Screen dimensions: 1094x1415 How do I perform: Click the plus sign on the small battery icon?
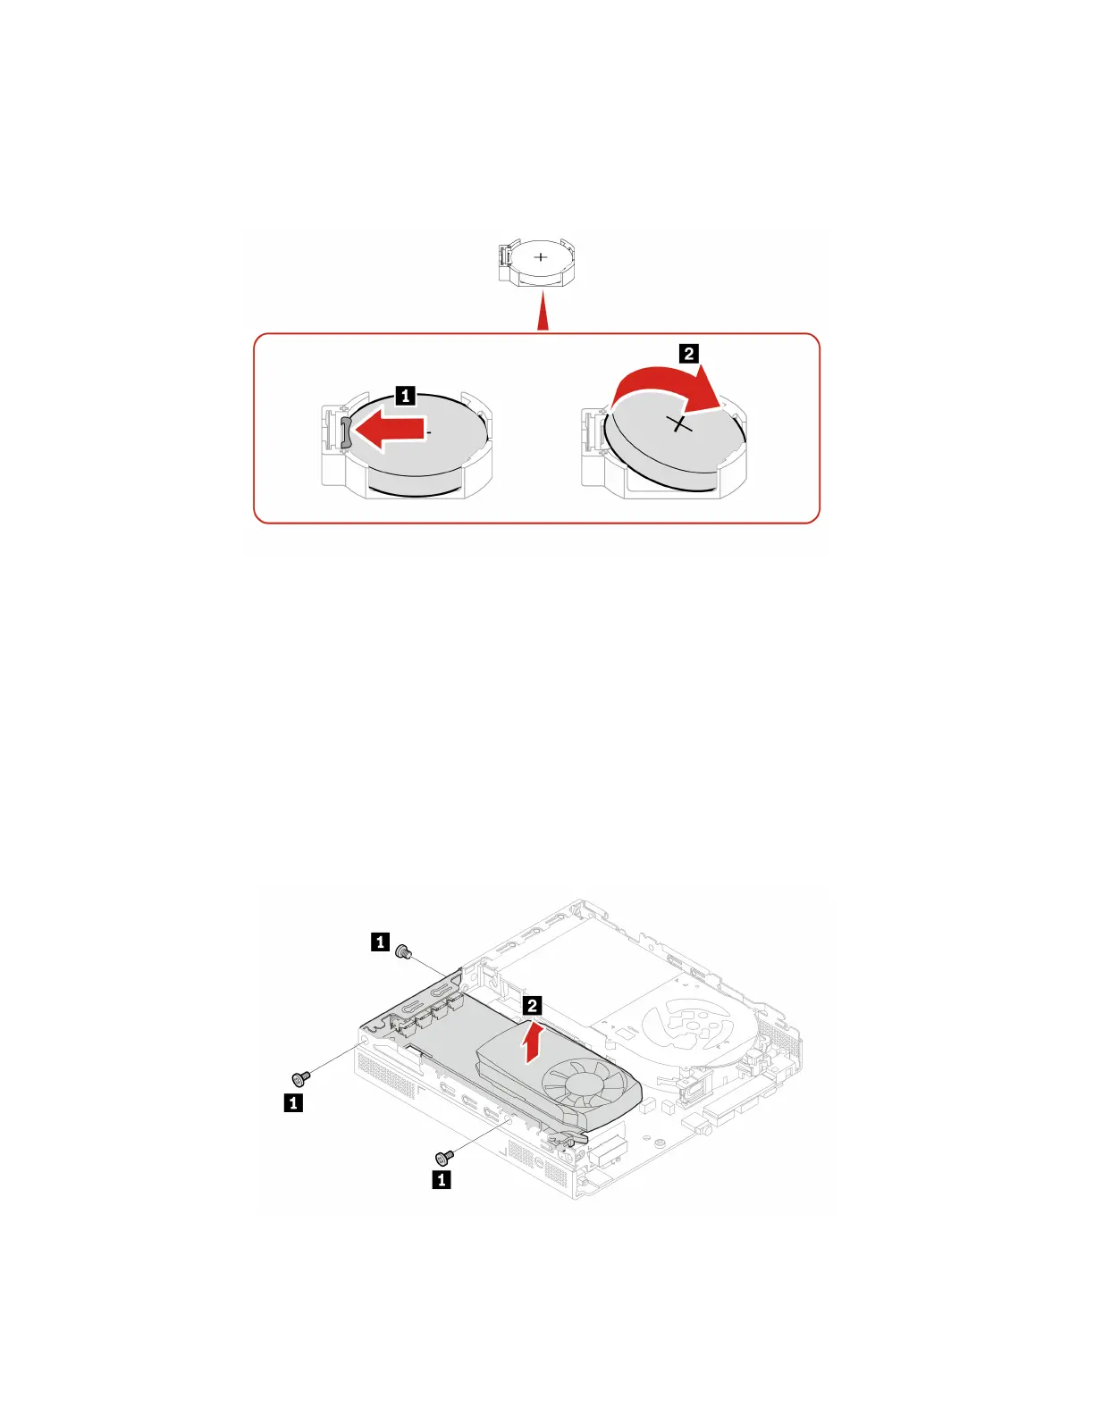541,257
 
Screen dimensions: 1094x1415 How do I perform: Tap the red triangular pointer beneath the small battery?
543,317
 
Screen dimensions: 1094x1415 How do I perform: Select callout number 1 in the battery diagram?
405,395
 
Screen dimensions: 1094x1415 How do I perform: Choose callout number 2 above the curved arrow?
688,354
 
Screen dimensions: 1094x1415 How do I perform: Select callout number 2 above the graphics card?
532,1006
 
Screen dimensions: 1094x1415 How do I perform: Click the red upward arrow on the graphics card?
532,1041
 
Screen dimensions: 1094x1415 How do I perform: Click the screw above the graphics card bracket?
403,952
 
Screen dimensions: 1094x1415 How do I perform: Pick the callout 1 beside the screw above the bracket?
380,942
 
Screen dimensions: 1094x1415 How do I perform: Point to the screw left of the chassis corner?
301,1078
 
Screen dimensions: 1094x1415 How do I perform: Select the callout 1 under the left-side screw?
292,1103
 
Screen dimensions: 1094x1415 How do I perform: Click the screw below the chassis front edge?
442,1158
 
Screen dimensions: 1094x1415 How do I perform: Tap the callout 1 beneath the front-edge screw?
442,1180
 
